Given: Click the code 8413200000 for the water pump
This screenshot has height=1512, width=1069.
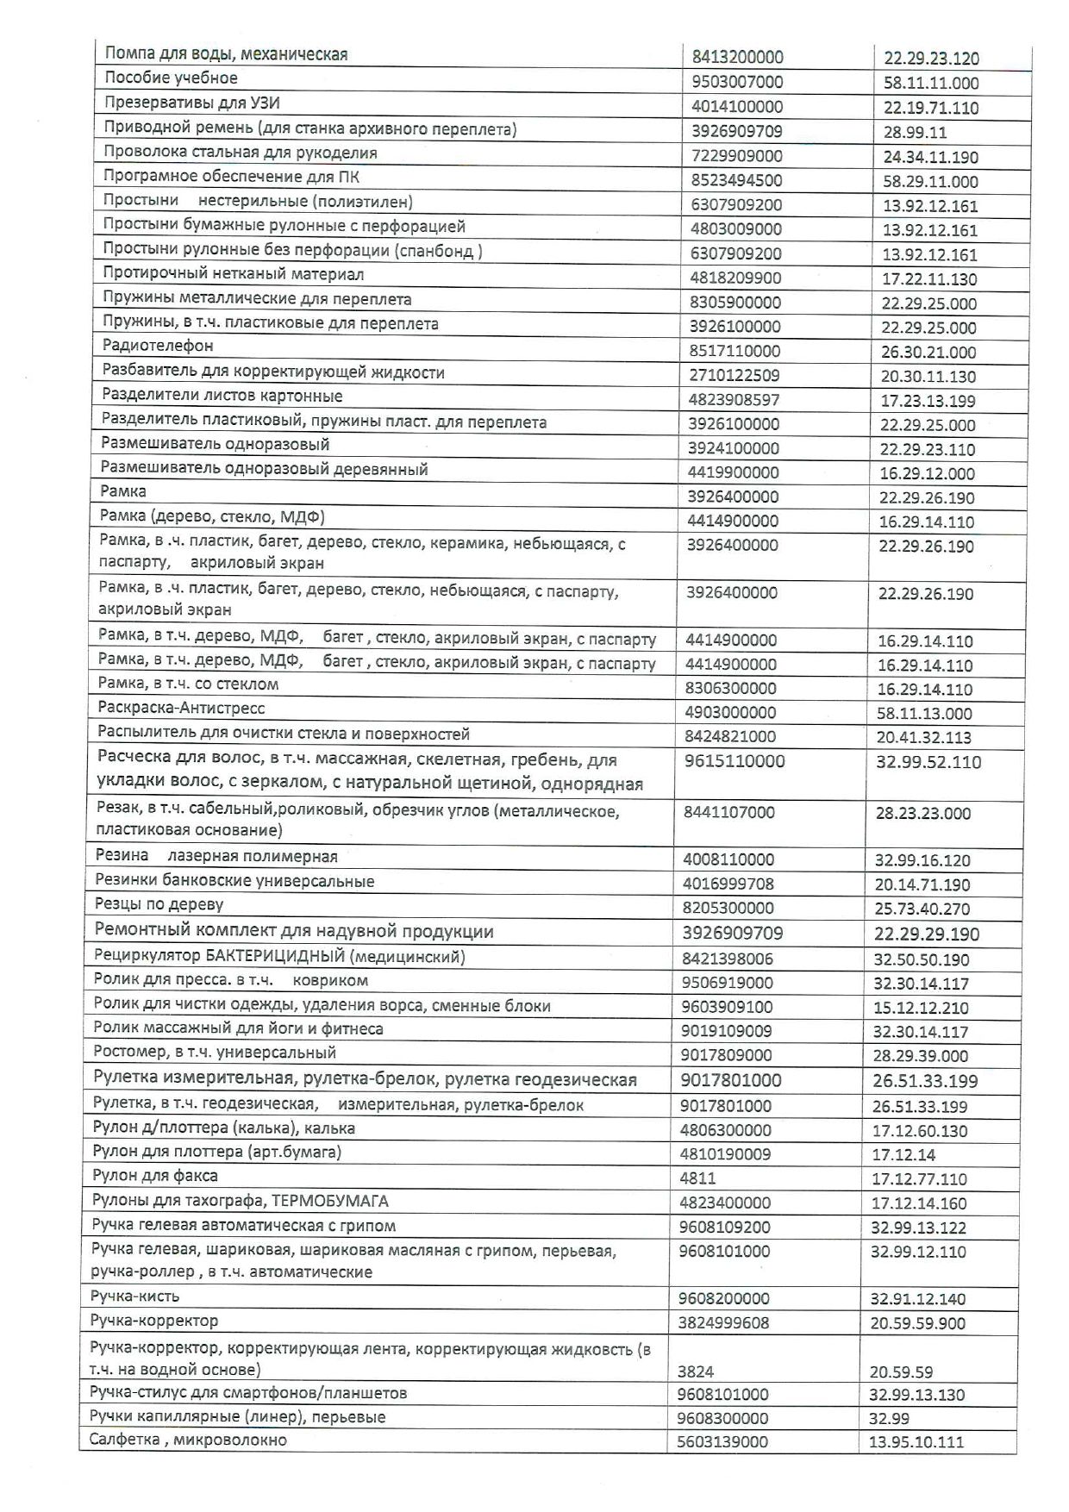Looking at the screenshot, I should pyautogui.click(x=737, y=58).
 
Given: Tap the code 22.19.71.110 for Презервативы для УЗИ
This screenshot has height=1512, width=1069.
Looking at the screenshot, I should pyautogui.click(x=931, y=108).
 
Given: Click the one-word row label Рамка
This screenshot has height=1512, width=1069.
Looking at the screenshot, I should pyautogui.click(x=123, y=491).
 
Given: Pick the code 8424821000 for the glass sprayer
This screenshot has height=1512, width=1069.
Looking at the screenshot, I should pyautogui.click(x=731, y=736).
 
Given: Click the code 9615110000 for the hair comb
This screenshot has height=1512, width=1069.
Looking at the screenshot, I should pyautogui.click(x=735, y=761).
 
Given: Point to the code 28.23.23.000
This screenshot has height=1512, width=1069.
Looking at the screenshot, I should pyautogui.click(x=922, y=813).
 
